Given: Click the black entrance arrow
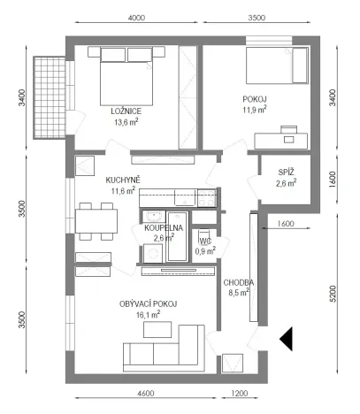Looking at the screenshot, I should [x=287, y=339].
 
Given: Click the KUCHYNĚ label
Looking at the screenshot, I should [x=123, y=179].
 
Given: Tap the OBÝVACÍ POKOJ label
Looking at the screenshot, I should [x=149, y=303].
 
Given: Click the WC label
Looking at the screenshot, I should [x=204, y=241].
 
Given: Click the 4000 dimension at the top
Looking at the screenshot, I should [x=136, y=18].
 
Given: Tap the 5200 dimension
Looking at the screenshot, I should [x=333, y=293].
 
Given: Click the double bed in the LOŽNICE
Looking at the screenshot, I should [x=126, y=80].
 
